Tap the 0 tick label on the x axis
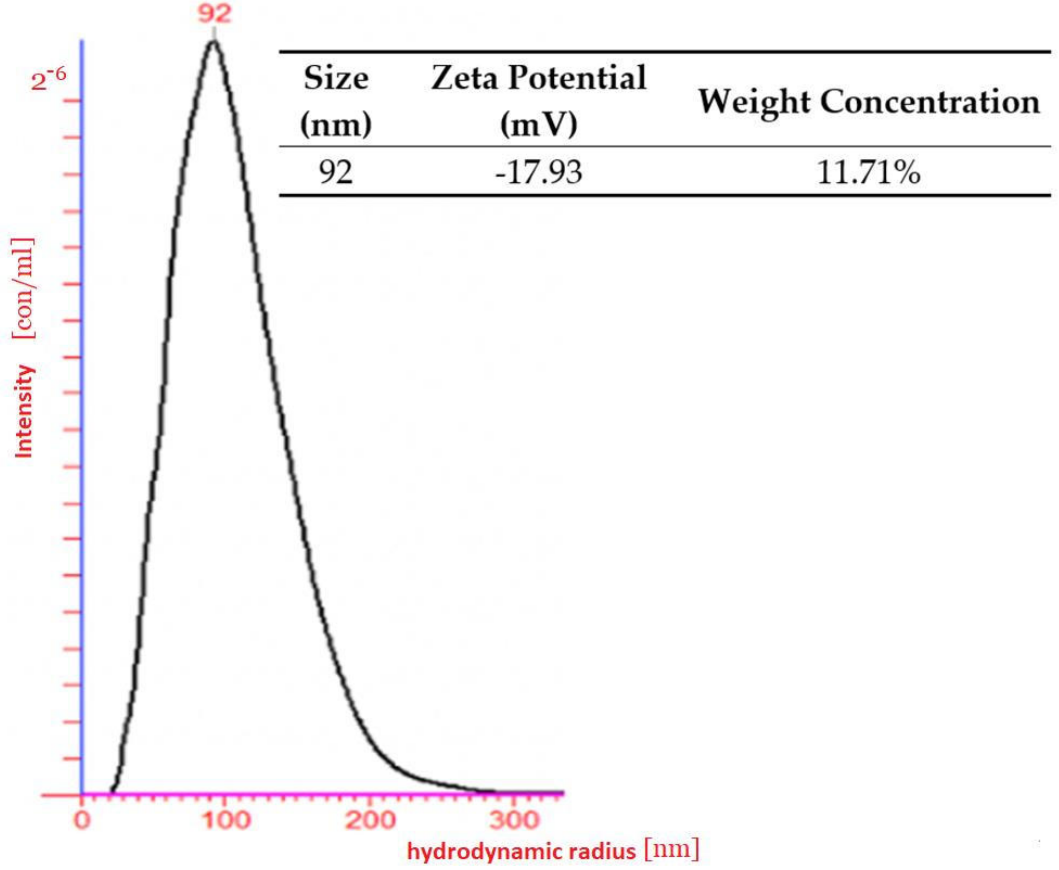click(82, 820)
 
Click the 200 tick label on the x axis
click(371, 820)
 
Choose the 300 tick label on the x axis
click(515, 820)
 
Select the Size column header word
click(336, 79)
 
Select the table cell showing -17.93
click(539, 173)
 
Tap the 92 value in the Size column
click(336, 173)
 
